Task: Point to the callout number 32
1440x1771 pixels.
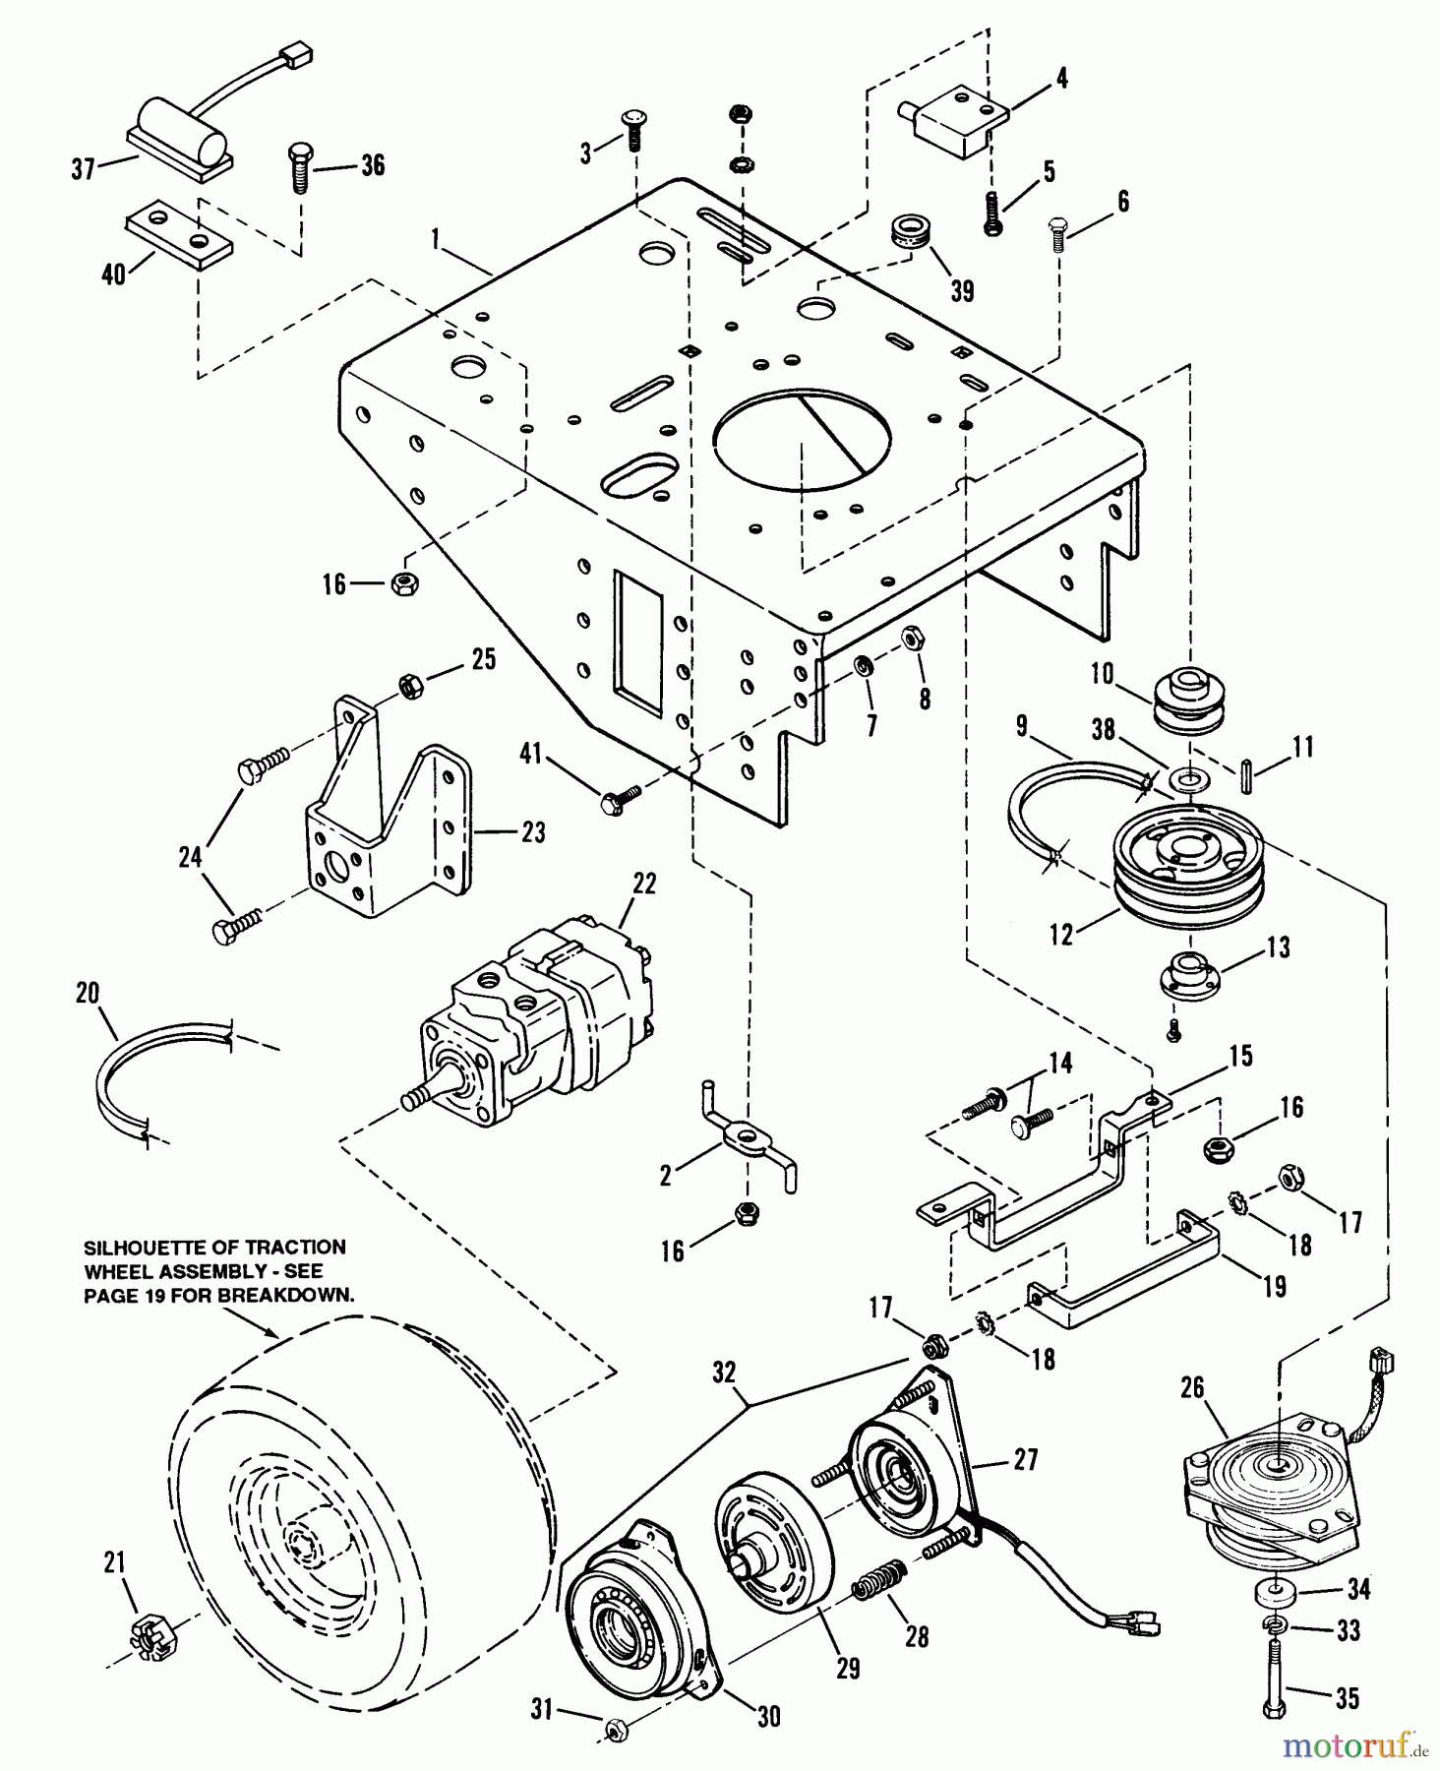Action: [724, 1374]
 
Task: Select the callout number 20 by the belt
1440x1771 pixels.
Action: [88, 993]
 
